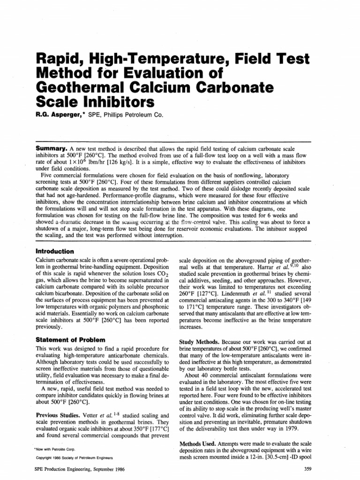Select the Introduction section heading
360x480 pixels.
point(56,251)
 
